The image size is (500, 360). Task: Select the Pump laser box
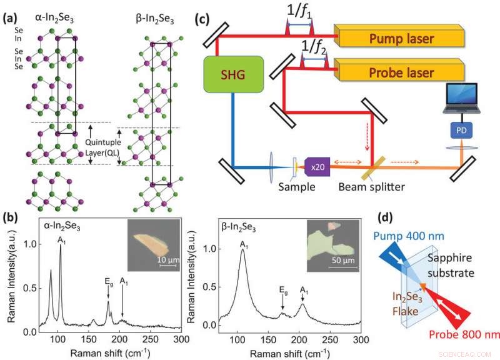coord(401,39)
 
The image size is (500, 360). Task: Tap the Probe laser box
coord(401,72)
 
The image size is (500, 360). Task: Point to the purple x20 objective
coord(317,167)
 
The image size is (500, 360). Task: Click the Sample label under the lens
coord(294,186)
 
